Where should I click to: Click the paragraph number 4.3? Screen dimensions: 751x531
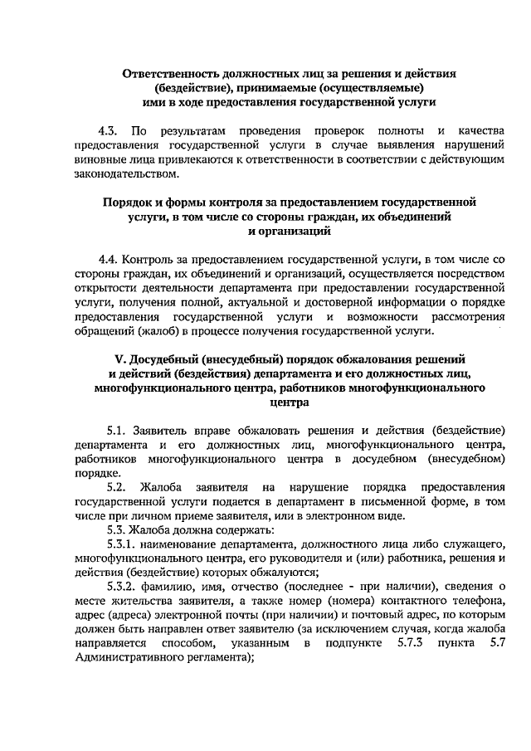pyautogui.click(x=107, y=132)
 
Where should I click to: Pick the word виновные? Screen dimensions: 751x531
pyautogui.click(x=98, y=160)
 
